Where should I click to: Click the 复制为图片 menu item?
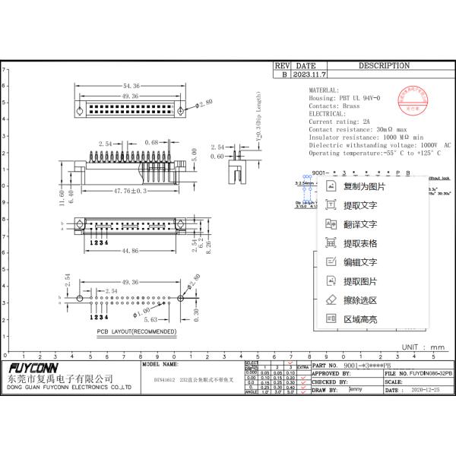tap(363, 186)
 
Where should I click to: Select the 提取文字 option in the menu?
tap(359, 205)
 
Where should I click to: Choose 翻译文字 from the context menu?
tap(359, 224)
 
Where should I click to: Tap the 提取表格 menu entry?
tap(359, 243)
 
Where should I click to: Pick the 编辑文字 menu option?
tap(359, 262)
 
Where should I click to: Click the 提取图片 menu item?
tap(359, 281)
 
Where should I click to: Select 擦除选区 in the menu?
tap(359, 300)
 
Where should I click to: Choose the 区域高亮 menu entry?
tap(359, 319)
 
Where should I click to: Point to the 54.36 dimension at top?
tap(131, 87)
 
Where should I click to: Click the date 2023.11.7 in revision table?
tap(310, 75)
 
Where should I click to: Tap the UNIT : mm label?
tap(423, 347)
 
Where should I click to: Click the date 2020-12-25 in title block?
tap(426, 390)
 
